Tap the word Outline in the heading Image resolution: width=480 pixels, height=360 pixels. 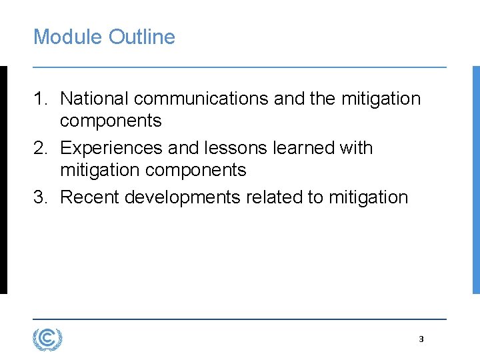tap(141, 37)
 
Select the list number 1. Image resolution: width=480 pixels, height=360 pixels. tap(39, 99)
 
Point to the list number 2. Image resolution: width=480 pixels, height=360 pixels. tap(39, 148)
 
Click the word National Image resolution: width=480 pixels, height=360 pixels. tap(95, 99)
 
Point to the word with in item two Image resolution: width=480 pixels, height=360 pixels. tap(356, 148)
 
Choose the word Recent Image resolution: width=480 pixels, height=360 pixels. tap(89, 197)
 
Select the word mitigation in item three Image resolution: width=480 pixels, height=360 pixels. tap(368, 197)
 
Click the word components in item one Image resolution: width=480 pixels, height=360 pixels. tap(111, 121)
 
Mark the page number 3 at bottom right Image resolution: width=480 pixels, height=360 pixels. tap(421, 339)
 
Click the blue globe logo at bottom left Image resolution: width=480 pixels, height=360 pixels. tap(47, 339)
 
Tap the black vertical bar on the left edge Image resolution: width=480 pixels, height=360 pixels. tap(3, 180)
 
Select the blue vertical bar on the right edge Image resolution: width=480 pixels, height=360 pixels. tap(476, 180)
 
